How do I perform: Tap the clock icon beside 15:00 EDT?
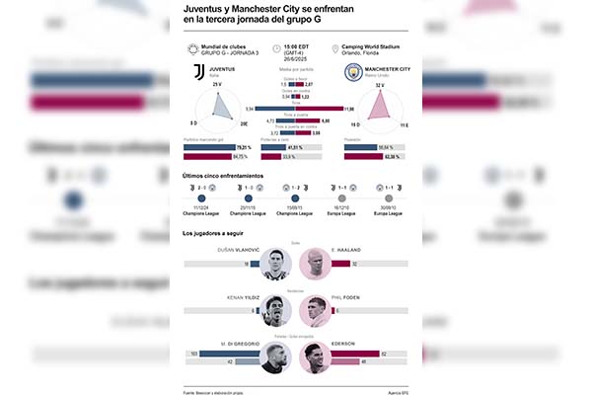277,47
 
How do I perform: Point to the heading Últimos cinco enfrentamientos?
223,175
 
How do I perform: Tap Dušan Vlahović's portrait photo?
277,263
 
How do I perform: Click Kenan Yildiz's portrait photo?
277,311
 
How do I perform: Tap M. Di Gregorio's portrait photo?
277,358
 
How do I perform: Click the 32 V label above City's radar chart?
379,85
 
